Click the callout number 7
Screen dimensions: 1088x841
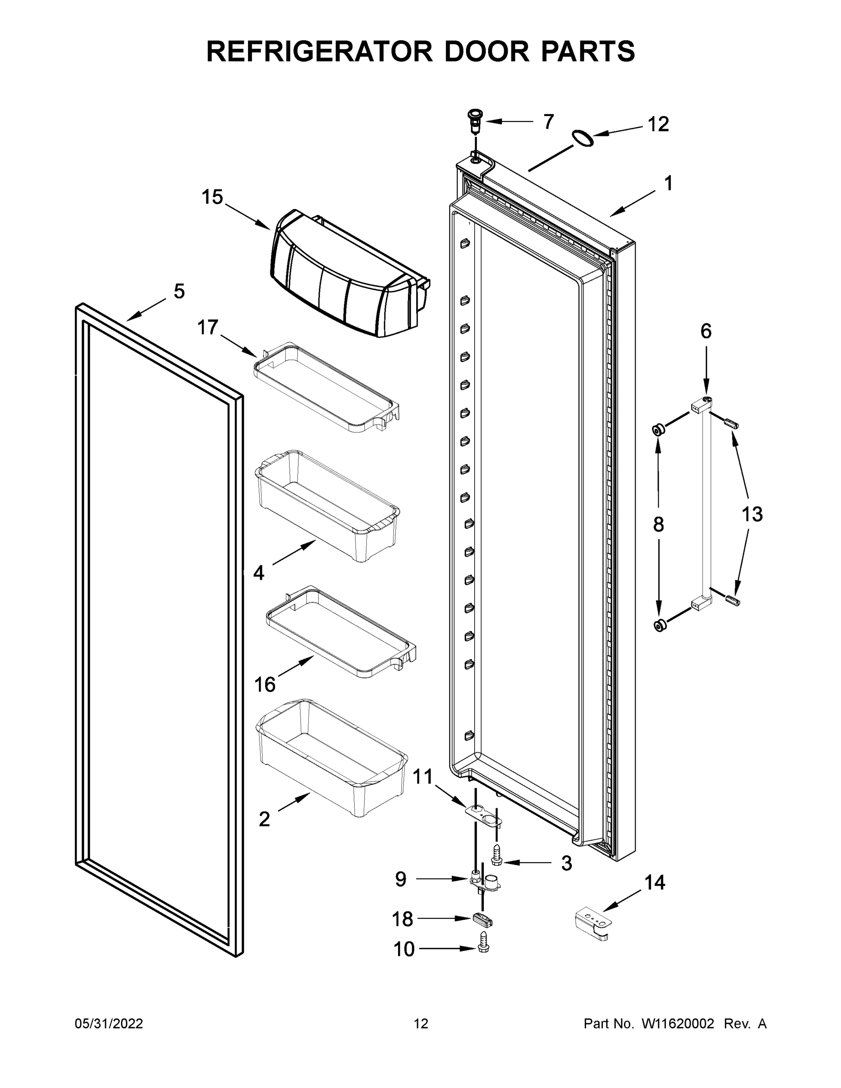pos(548,121)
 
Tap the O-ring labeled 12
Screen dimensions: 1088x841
pos(583,138)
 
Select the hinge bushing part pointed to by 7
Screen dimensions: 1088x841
pos(475,121)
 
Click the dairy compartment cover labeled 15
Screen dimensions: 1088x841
pos(344,279)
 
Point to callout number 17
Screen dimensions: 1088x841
pos(208,328)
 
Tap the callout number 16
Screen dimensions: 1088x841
pos(265,685)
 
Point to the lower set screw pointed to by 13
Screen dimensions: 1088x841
pos(733,601)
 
